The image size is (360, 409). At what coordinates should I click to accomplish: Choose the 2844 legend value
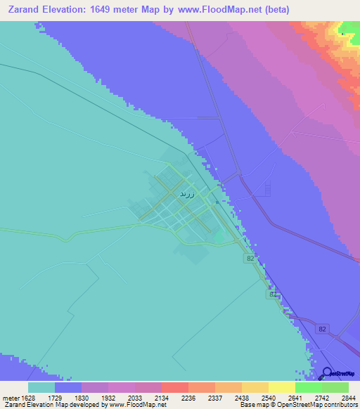click(348, 398)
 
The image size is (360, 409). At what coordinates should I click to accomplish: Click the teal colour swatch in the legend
click(41, 387)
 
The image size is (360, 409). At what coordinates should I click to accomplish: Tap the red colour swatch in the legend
click(175, 387)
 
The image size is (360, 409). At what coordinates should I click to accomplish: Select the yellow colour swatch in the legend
click(282, 387)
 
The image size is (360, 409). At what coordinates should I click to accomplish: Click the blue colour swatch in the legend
click(68, 387)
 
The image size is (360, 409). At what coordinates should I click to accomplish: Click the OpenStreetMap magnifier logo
click(328, 373)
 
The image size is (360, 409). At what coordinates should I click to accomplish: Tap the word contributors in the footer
click(338, 405)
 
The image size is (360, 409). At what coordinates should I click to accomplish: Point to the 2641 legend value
click(309, 398)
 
